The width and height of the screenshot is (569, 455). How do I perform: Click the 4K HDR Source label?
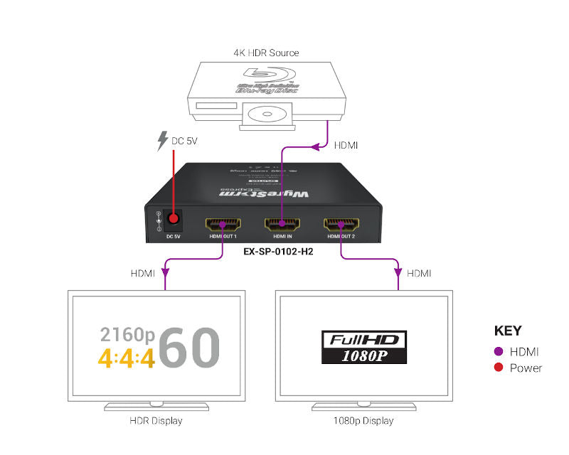pos(266,53)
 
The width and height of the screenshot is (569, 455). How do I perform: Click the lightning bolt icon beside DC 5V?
pos(162,141)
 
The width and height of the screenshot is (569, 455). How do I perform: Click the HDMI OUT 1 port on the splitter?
pos(223,225)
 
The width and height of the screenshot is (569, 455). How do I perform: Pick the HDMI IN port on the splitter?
pos(282,225)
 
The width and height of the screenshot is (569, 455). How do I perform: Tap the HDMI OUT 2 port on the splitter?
pos(341,225)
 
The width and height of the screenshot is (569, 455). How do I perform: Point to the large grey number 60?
pos(189,347)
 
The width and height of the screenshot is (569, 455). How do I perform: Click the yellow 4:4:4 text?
pos(126,359)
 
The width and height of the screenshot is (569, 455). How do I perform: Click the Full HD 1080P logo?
pos(363,346)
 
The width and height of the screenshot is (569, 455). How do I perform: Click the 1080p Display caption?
pos(363,421)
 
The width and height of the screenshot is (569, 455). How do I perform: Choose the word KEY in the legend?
pos(507,331)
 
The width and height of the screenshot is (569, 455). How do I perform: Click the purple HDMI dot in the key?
pos(498,351)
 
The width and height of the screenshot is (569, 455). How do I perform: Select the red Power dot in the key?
pos(498,368)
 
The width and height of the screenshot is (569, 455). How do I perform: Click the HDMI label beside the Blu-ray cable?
pos(346,145)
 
